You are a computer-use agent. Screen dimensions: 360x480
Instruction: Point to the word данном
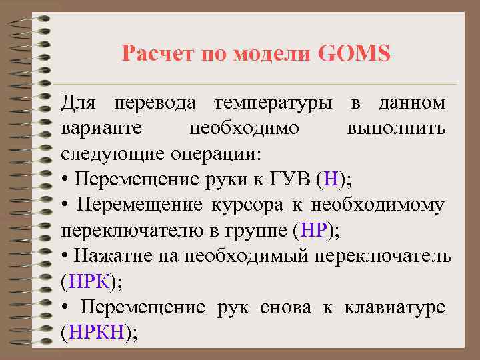pos(411,103)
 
